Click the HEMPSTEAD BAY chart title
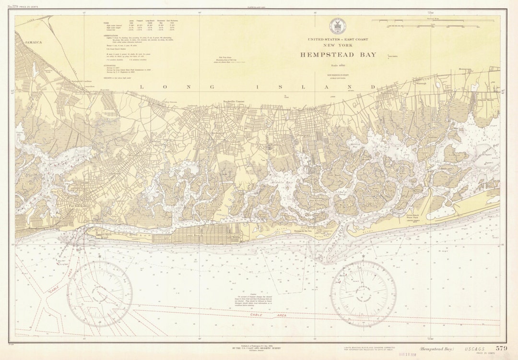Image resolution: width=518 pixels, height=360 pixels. tap(338, 55)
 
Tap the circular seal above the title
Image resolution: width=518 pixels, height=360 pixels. tap(336, 26)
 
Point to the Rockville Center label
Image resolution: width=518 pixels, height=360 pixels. tap(234, 102)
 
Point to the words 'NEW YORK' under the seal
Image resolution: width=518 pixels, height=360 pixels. tap(338, 45)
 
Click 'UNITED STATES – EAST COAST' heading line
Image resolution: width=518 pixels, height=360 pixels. tap(338, 38)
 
